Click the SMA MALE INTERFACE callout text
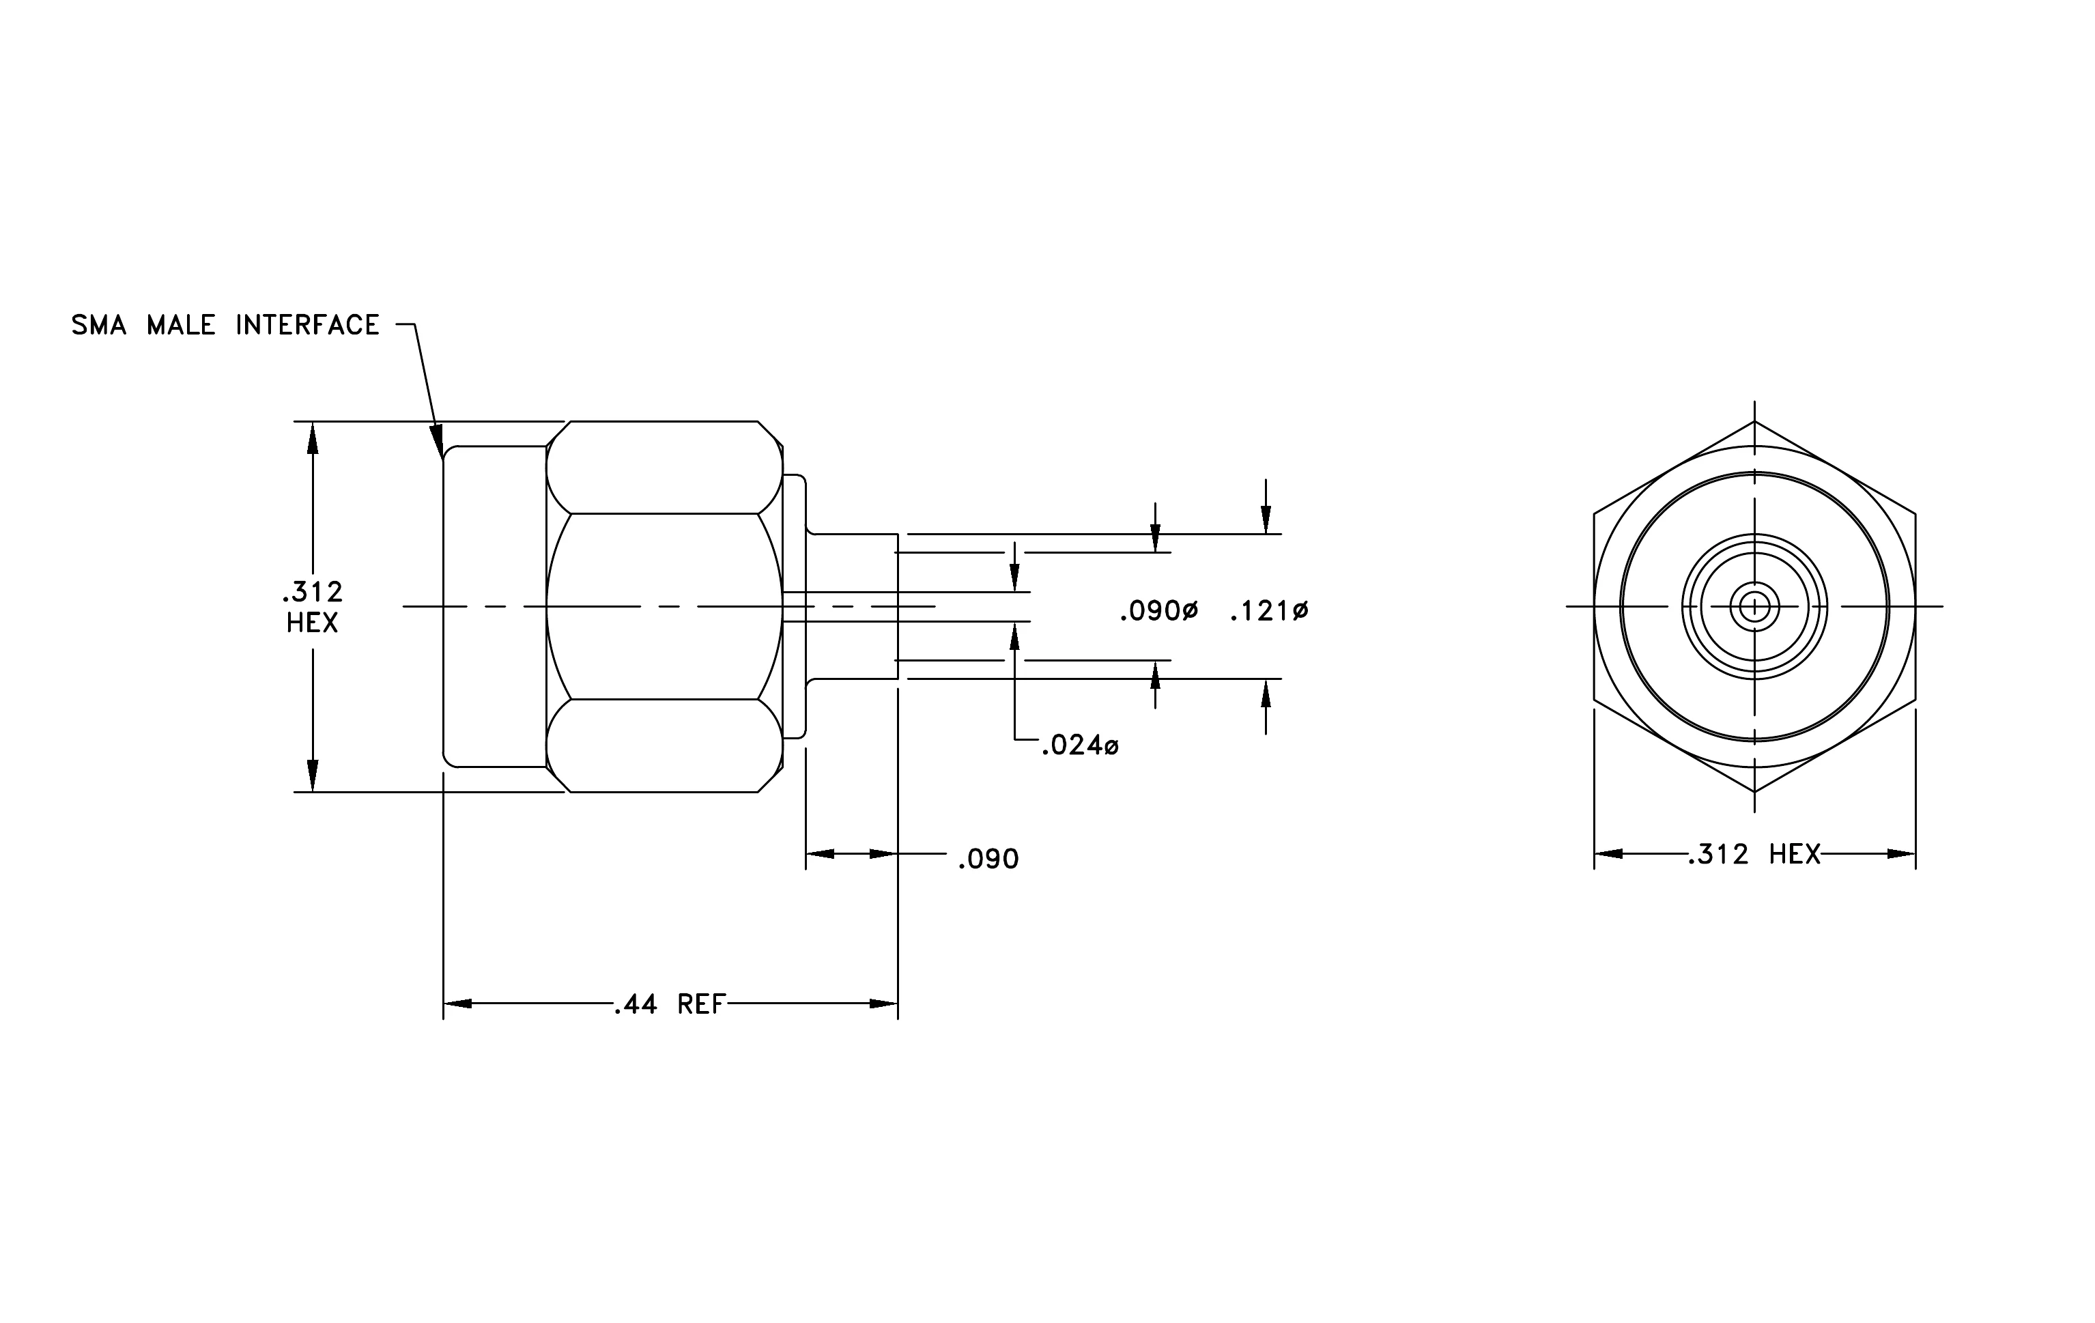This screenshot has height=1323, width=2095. [225, 326]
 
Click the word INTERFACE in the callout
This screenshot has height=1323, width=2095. [308, 326]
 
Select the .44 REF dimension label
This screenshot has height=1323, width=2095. [670, 1005]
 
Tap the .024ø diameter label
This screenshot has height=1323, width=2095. [1081, 745]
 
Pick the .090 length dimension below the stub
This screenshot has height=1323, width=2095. [988, 859]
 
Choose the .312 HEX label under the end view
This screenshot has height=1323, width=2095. [1755, 855]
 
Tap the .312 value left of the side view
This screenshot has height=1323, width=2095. [313, 593]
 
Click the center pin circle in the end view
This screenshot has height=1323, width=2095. [1755, 606]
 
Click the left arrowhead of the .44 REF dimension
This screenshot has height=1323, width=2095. [457, 1004]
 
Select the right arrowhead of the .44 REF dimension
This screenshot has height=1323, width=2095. [884, 1004]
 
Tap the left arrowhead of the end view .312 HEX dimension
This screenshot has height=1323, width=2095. [1609, 854]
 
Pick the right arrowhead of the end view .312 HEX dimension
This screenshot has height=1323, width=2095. [1901, 854]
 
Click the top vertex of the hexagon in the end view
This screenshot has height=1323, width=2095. [1755, 422]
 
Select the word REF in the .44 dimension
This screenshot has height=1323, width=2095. [701, 1005]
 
